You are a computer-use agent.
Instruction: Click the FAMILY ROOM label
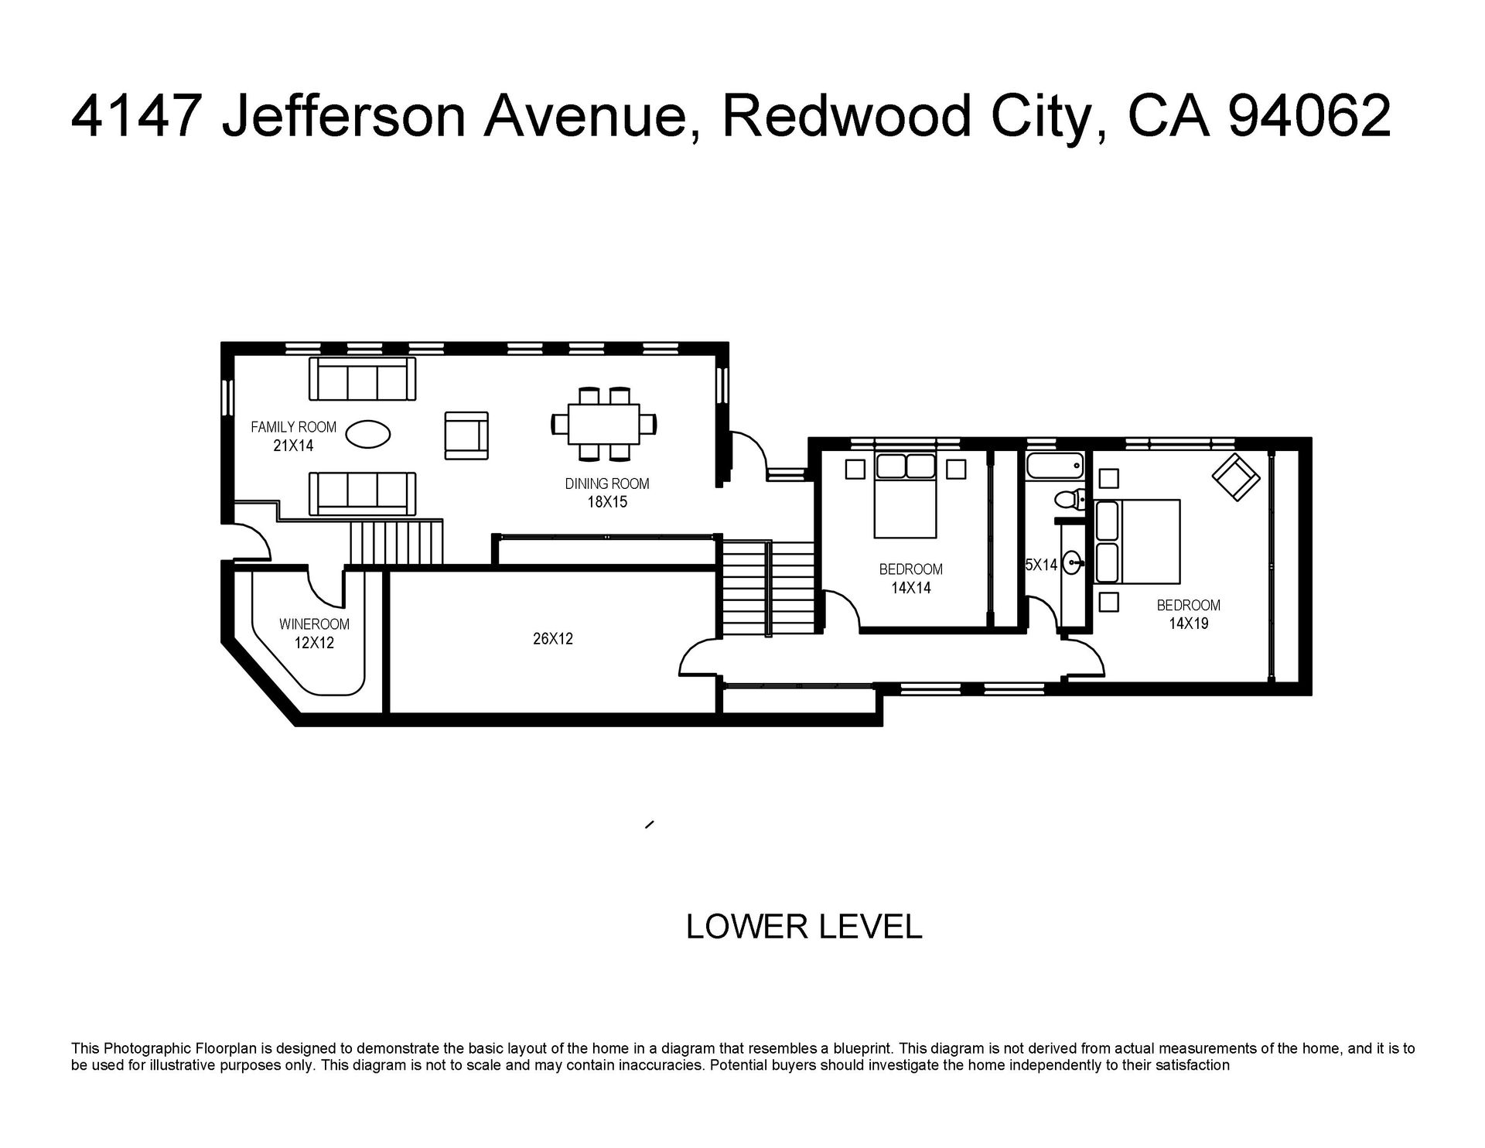(x=293, y=427)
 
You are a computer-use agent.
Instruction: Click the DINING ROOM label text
(x=606, y=484)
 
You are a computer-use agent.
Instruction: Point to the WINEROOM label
(x=314, y=624)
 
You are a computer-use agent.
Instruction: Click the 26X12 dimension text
(x=553, y=639)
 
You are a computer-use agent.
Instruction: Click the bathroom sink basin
(x=1072, y=562)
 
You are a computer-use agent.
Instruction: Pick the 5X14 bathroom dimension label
(x=1041, y=565)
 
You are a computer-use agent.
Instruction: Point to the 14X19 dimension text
(x=1188, y=623)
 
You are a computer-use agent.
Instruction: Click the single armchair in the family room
(x=466, y=435)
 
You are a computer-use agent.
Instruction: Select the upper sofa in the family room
(x=363, y=379)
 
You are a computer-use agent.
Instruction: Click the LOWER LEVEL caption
(x=804, y=927)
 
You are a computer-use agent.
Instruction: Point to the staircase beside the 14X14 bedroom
(x=769, y=589)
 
